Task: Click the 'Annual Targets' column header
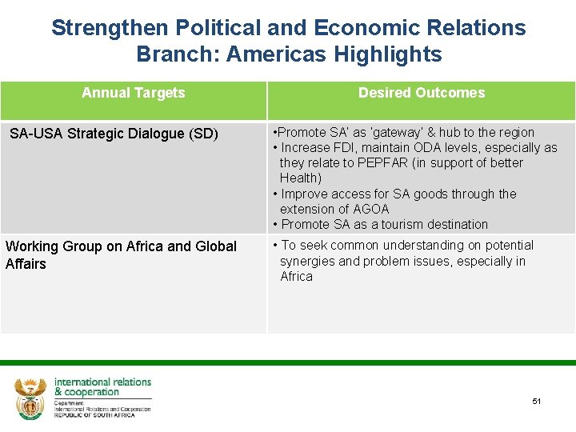pyautogui.click(x=133, y=93)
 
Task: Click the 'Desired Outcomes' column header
pyautogui.click(x=421, y=93)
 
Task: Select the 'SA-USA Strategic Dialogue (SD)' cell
pyautogui.click(x=114, y=134)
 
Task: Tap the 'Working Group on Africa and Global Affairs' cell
pyautogui.click(x=121, y=255)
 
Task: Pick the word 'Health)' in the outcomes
pyautogui.click(x=300, y=178)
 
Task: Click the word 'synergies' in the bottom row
pyautogui.click(x=308, y=262)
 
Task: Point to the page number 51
pyautogui.click(x=537, y=401)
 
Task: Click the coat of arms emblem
pyautogui.click(x=30, y=397)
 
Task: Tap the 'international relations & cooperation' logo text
pyautogui.click(x=102, y=387)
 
